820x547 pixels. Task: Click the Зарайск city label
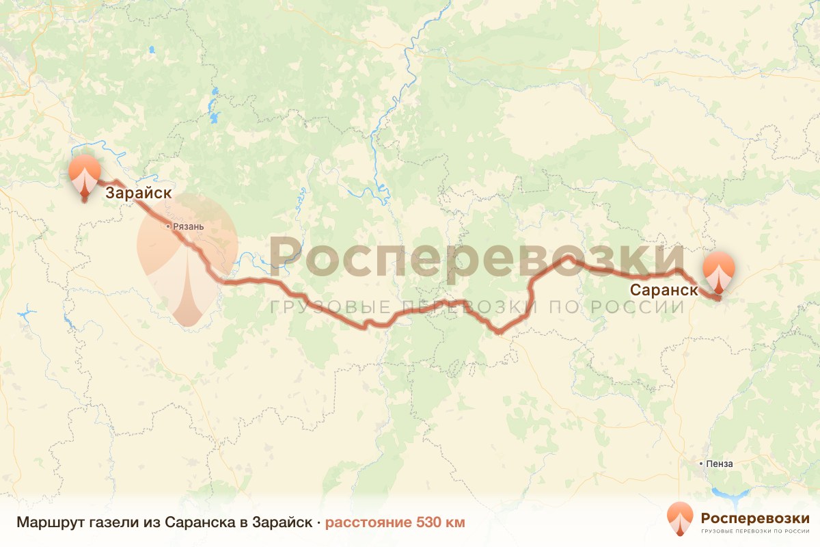pos(138,194)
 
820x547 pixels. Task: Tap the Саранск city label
pos(664,289)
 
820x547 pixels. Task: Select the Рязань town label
pos(189,226)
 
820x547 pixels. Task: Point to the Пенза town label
pos(719,464)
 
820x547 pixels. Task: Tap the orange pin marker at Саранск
pos(719,272)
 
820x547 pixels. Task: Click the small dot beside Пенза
pos(701,464)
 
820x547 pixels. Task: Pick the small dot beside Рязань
pos(169,226)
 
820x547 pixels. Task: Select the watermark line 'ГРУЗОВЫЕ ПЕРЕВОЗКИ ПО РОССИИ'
pos(476,306)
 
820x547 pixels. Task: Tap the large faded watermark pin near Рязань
pos(187,253)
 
